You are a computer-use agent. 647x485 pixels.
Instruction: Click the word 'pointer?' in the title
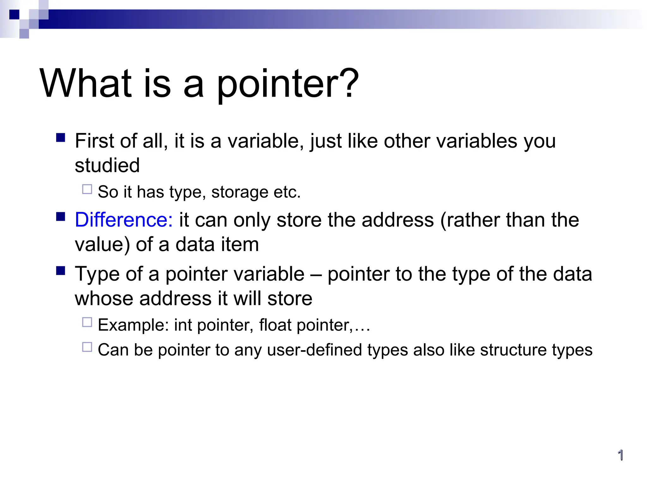click(287, 85)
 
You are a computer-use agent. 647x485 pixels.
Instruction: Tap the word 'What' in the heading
click(86, 83)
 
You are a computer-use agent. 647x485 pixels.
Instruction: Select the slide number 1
click(620, 455)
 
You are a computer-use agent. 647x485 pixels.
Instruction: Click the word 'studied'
click(107, 165)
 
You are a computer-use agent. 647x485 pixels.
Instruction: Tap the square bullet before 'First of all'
click(61, 138)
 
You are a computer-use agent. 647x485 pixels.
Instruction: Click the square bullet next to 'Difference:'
click(61, 217)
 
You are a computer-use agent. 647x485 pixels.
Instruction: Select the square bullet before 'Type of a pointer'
click(61, 271)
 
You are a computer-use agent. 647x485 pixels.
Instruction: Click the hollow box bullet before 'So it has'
click(87, 189)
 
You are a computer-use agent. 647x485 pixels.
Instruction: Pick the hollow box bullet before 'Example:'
click(87, 322)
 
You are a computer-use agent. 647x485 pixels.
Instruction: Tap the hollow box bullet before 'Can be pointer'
click(87, 347)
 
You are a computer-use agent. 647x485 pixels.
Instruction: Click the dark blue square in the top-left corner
click(14, 15)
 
